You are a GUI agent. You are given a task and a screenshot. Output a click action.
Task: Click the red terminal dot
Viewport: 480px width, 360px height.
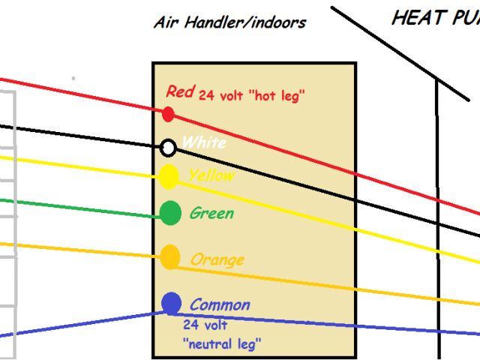pos(169,114)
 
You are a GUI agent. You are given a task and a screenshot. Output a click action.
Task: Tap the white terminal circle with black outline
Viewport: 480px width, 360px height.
pos(169,147)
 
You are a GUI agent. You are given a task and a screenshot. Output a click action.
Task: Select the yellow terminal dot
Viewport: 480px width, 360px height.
pos(169,176)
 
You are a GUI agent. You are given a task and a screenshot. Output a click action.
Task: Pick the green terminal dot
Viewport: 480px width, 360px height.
pos(171,214)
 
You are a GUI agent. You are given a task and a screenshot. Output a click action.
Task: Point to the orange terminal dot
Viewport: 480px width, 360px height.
pos(171,257)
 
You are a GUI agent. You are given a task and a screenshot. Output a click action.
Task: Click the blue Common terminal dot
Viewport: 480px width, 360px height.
pos(171,303)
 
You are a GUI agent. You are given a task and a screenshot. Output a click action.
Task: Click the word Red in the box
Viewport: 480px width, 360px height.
pos(180,91)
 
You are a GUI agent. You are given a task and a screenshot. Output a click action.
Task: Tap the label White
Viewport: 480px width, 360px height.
pos(204,142)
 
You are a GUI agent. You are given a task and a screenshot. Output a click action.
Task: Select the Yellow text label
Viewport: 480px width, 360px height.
pos(211,175)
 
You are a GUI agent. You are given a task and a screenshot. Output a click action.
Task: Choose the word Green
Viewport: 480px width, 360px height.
pos(211,213)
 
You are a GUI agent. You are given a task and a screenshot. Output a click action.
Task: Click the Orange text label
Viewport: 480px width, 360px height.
pos(217,259)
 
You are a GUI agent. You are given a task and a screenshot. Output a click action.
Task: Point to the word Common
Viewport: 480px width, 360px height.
pos(220,304)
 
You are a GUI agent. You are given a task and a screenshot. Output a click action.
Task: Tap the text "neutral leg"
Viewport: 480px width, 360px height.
pos(221,344)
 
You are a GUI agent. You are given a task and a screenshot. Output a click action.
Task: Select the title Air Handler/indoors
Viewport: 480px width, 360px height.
pos(229,22)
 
